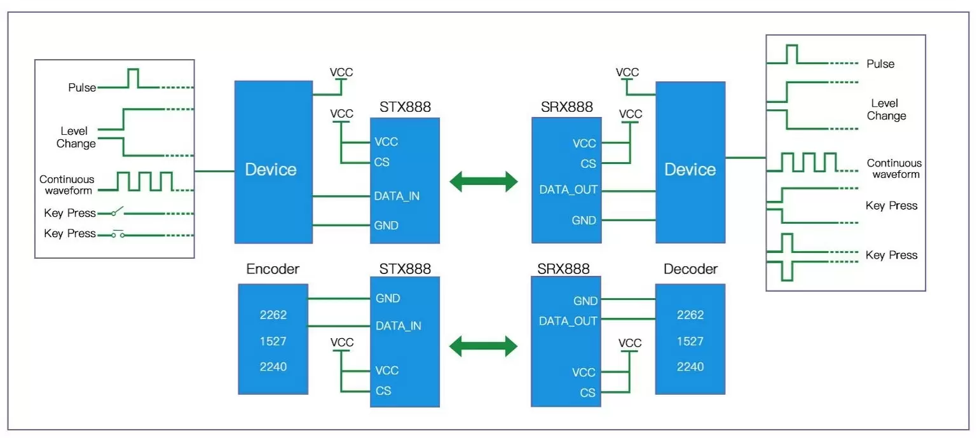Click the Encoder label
[x=273, y=269]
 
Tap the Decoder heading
[x=690, y=269]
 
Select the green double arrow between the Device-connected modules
[x=484, y=181]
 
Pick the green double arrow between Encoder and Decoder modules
[x=484, y=346]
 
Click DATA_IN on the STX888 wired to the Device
[x=397, y=196]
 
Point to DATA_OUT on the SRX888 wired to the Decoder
[x=568, y=321]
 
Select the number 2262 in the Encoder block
[x=273, y=315]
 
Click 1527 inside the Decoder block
[x=690, y=341]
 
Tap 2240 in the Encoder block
[x=273, y=367]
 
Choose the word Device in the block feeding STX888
[x=271, y=170]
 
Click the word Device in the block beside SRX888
[x=690, y=170]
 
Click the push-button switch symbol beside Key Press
[x=118, y=233]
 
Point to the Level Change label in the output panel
[x=886, y=109]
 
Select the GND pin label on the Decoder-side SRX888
[x=585, y=301]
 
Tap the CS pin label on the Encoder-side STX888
[x=383, y=390]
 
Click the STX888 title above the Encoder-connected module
[x=405, y=269]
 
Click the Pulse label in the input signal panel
[x=82, y=88]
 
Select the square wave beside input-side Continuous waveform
[x=144, y=181]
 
